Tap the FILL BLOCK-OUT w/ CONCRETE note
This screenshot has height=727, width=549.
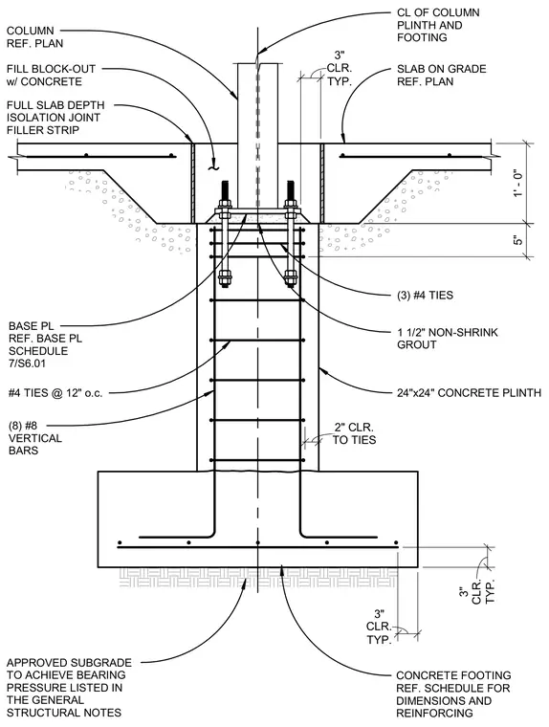[x=51, y=76]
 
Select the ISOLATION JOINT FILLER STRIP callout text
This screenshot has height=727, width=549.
[x=55, y=118]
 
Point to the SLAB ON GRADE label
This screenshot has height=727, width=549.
[x=442, y=76]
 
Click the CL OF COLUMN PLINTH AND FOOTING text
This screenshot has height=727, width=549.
[x=438, y=25]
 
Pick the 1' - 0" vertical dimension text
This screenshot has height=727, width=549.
[x=518, y=182]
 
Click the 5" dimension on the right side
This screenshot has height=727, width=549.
[x=518, y=241]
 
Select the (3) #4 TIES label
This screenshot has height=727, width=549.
[x=425, y=296]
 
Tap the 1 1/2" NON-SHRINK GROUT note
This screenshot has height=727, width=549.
[x=447, y=339]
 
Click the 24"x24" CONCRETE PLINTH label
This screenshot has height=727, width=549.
[x=469, y=393]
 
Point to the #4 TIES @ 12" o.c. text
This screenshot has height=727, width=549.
[x=55, y=393]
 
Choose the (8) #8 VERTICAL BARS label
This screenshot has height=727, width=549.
[x=34, y=438]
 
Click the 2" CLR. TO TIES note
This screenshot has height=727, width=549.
[x=354, y=433]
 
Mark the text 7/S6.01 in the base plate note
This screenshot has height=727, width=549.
[x=27, y=363]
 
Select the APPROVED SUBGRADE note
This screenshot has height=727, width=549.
[x=69, y=687]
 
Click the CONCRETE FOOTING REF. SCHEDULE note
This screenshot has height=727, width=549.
[x=453, y=694]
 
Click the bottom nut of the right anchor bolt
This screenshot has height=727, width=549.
[x=291, y=279]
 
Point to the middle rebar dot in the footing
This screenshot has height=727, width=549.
[x=258, y=542]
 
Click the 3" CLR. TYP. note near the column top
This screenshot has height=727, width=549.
[x=340, y=69]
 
